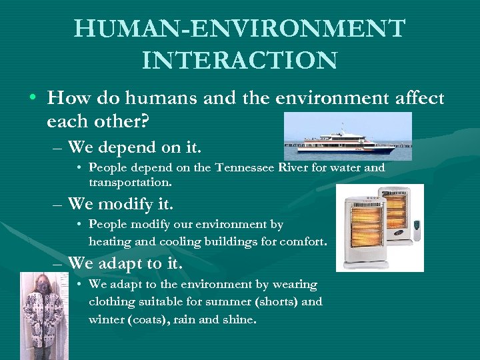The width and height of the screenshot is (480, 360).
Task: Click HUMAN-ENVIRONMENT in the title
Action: point(239,29)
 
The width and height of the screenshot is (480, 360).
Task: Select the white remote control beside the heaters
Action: point(417,231)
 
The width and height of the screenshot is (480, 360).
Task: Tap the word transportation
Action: point(130,181)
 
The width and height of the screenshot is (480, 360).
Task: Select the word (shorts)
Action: point(274,302)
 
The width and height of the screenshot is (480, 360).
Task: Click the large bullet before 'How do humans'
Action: point(33,99)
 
